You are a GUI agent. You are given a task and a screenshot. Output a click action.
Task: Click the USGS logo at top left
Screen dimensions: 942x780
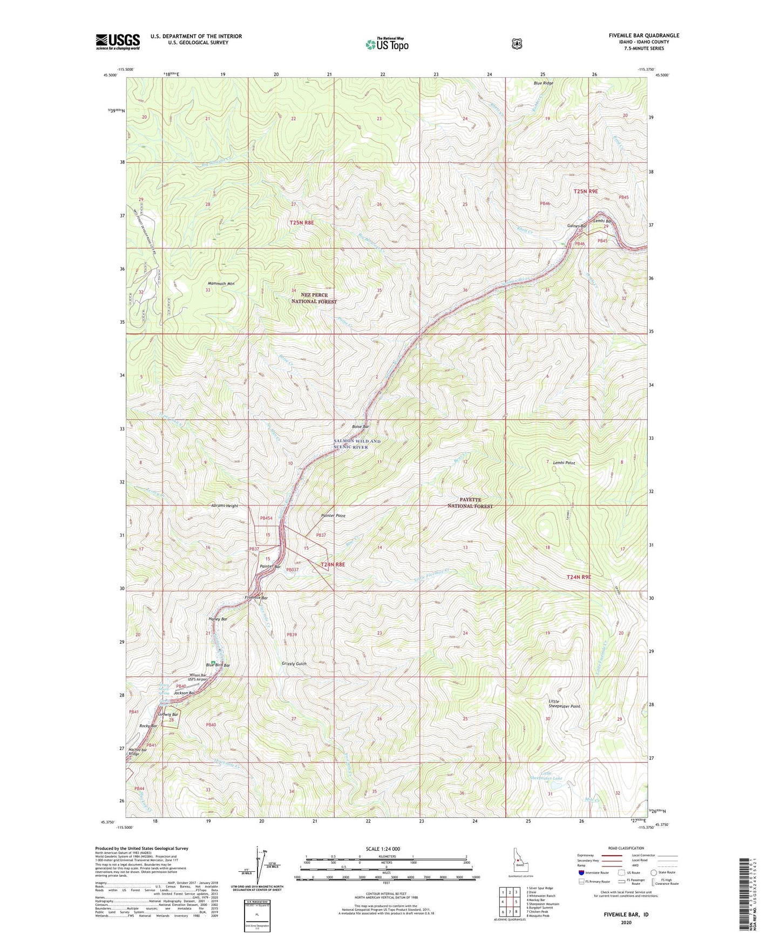(118, 42)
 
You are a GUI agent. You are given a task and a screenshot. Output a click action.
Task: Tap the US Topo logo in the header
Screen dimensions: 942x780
(386, 44)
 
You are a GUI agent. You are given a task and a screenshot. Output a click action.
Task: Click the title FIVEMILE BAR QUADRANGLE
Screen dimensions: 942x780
(644, 36)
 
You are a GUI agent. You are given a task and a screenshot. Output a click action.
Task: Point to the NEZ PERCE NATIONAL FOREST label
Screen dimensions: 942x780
(314, 298)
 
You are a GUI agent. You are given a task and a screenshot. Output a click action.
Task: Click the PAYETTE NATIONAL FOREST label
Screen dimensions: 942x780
(470, 503)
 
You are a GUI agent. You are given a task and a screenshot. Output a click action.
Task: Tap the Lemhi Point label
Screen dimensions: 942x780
(564, 463)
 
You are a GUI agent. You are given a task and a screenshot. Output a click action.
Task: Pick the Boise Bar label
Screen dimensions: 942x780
(360, 427)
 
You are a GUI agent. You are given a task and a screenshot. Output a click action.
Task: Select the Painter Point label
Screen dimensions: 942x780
(333, 516)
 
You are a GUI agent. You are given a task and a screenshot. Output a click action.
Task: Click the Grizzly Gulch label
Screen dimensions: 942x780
(294, 664)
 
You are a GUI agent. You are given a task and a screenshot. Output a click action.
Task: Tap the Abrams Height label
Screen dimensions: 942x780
(225, 506)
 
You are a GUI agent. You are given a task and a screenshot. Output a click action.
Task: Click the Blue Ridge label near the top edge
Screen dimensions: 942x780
(543, 83)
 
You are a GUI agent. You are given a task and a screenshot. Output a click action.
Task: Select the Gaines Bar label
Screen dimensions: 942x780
(576, 226)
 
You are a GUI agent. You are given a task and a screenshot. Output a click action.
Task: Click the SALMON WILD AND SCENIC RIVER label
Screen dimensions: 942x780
(357, 443)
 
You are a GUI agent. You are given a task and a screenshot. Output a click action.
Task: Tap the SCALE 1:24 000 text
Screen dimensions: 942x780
(383, 849)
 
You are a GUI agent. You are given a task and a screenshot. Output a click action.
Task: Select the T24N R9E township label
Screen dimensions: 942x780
(579, 577)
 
